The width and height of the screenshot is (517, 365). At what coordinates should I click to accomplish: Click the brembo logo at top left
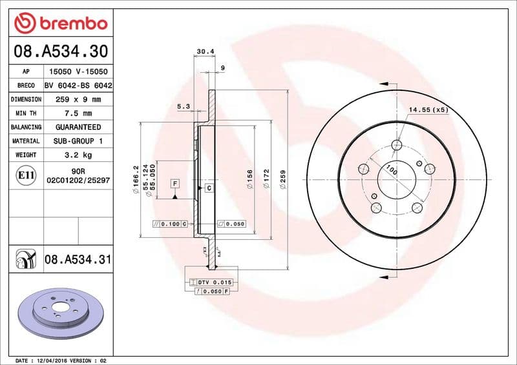(60, 23)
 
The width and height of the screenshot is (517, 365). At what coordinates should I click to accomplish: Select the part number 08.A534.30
(60, 51)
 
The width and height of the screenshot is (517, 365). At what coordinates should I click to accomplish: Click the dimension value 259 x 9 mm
(78, 99)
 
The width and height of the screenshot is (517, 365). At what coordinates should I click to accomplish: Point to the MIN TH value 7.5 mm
(78, 113)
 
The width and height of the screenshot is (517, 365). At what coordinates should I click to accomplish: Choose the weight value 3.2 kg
(78, 155)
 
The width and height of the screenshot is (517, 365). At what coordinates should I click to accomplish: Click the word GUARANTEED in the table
(78, 127)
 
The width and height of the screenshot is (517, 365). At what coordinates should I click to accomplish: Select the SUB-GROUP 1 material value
(78, 141)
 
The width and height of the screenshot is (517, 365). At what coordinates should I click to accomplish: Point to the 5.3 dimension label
(183, 106)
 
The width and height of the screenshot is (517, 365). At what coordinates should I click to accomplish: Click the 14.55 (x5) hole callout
(428, 110)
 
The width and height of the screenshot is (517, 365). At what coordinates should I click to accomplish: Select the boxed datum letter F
(174, 184)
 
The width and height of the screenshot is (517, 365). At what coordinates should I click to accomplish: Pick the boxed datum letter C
(209, 188)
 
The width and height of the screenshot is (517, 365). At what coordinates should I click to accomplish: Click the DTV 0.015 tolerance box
(212, 282)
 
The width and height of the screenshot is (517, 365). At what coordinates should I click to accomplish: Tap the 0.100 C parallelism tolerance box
(169, 224)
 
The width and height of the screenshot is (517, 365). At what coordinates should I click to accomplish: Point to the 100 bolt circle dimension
(391, 171)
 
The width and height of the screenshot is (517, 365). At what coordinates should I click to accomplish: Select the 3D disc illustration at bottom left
(59, 316)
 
